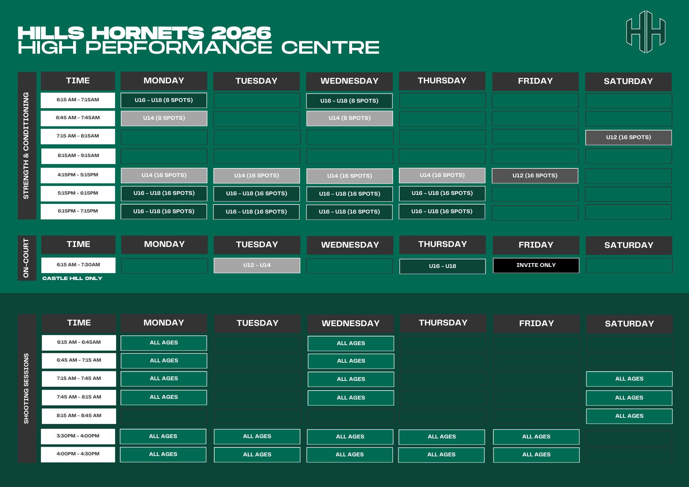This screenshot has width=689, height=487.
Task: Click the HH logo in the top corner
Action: coord(646,32)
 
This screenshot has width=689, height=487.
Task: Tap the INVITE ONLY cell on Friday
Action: coord(536,265)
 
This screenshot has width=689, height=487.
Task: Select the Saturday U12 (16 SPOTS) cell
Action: coord(628,137)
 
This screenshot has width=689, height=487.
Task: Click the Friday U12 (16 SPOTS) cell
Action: coord(535,176)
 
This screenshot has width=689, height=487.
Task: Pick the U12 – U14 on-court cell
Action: coord(257,265)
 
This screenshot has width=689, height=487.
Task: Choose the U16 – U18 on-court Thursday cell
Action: coord(442,266)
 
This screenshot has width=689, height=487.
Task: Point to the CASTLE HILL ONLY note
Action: coord(72,278)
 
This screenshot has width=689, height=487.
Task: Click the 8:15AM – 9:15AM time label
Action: coord(78,156)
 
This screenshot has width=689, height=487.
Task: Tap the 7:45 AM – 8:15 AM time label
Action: coord(79,397)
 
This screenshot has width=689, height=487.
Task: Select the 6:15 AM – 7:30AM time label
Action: coord(78,265)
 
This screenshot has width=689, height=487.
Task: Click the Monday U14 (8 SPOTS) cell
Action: coord(164,118)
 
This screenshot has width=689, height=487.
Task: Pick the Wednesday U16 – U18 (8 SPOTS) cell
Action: coord(349,101)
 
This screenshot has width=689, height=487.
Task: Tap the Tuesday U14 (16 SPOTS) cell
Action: coord(257,176)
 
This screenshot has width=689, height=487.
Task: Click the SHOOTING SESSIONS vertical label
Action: coord(27,388)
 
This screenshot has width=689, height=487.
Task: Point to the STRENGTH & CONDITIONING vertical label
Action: coord(26,146)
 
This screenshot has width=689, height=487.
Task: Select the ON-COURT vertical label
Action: coord(26,258)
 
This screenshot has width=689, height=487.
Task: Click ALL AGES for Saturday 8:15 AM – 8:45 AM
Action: coord(629,416)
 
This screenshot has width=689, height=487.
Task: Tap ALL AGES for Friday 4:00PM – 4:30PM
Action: coord(536,455)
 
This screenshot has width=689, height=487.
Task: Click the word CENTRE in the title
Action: coord(330,48)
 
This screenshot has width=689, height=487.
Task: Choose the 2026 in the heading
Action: coord(241,33)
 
